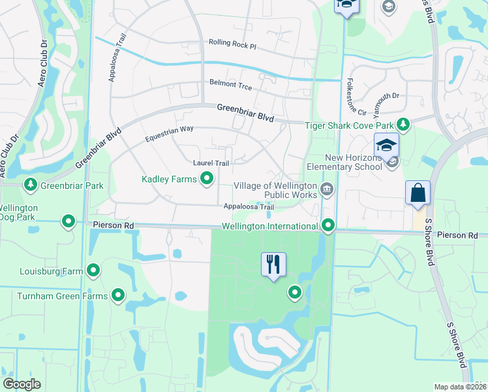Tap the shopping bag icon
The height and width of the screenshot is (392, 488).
click(418, 193)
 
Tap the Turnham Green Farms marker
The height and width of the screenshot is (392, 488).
click(118, 296)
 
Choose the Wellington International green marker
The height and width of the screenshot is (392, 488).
click(328, 226)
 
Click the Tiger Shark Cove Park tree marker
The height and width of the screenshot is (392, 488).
click(403, 125)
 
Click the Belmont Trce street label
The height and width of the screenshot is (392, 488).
click(230, 84)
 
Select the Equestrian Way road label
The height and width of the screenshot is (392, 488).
click(169, 133)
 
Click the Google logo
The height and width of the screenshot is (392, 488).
click(22, 384)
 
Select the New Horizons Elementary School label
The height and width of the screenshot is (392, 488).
click(354, 162)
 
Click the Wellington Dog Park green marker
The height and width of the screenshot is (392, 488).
click(69, 221)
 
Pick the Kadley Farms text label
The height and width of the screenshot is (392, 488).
click(170, 178)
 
